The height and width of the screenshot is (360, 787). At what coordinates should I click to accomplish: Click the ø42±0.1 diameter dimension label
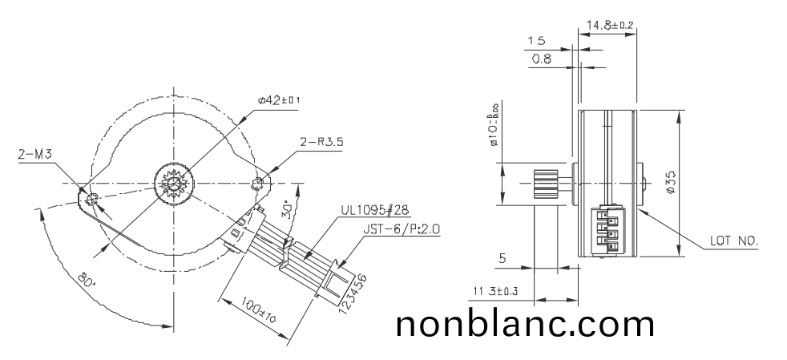[280, 99]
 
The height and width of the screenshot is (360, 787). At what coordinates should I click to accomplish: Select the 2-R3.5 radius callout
[323, 142]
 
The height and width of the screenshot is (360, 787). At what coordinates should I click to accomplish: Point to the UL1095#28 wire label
[375, 210]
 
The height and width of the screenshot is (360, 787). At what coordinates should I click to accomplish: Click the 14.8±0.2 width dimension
[610, 25]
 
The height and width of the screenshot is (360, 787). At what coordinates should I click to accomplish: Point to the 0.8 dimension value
[541, 59]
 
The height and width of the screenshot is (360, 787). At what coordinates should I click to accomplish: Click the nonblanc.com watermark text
[525, 324]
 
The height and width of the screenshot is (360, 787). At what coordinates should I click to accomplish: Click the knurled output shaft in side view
[546, 184]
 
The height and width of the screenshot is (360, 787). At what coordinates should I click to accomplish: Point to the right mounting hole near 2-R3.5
[258, 184]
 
